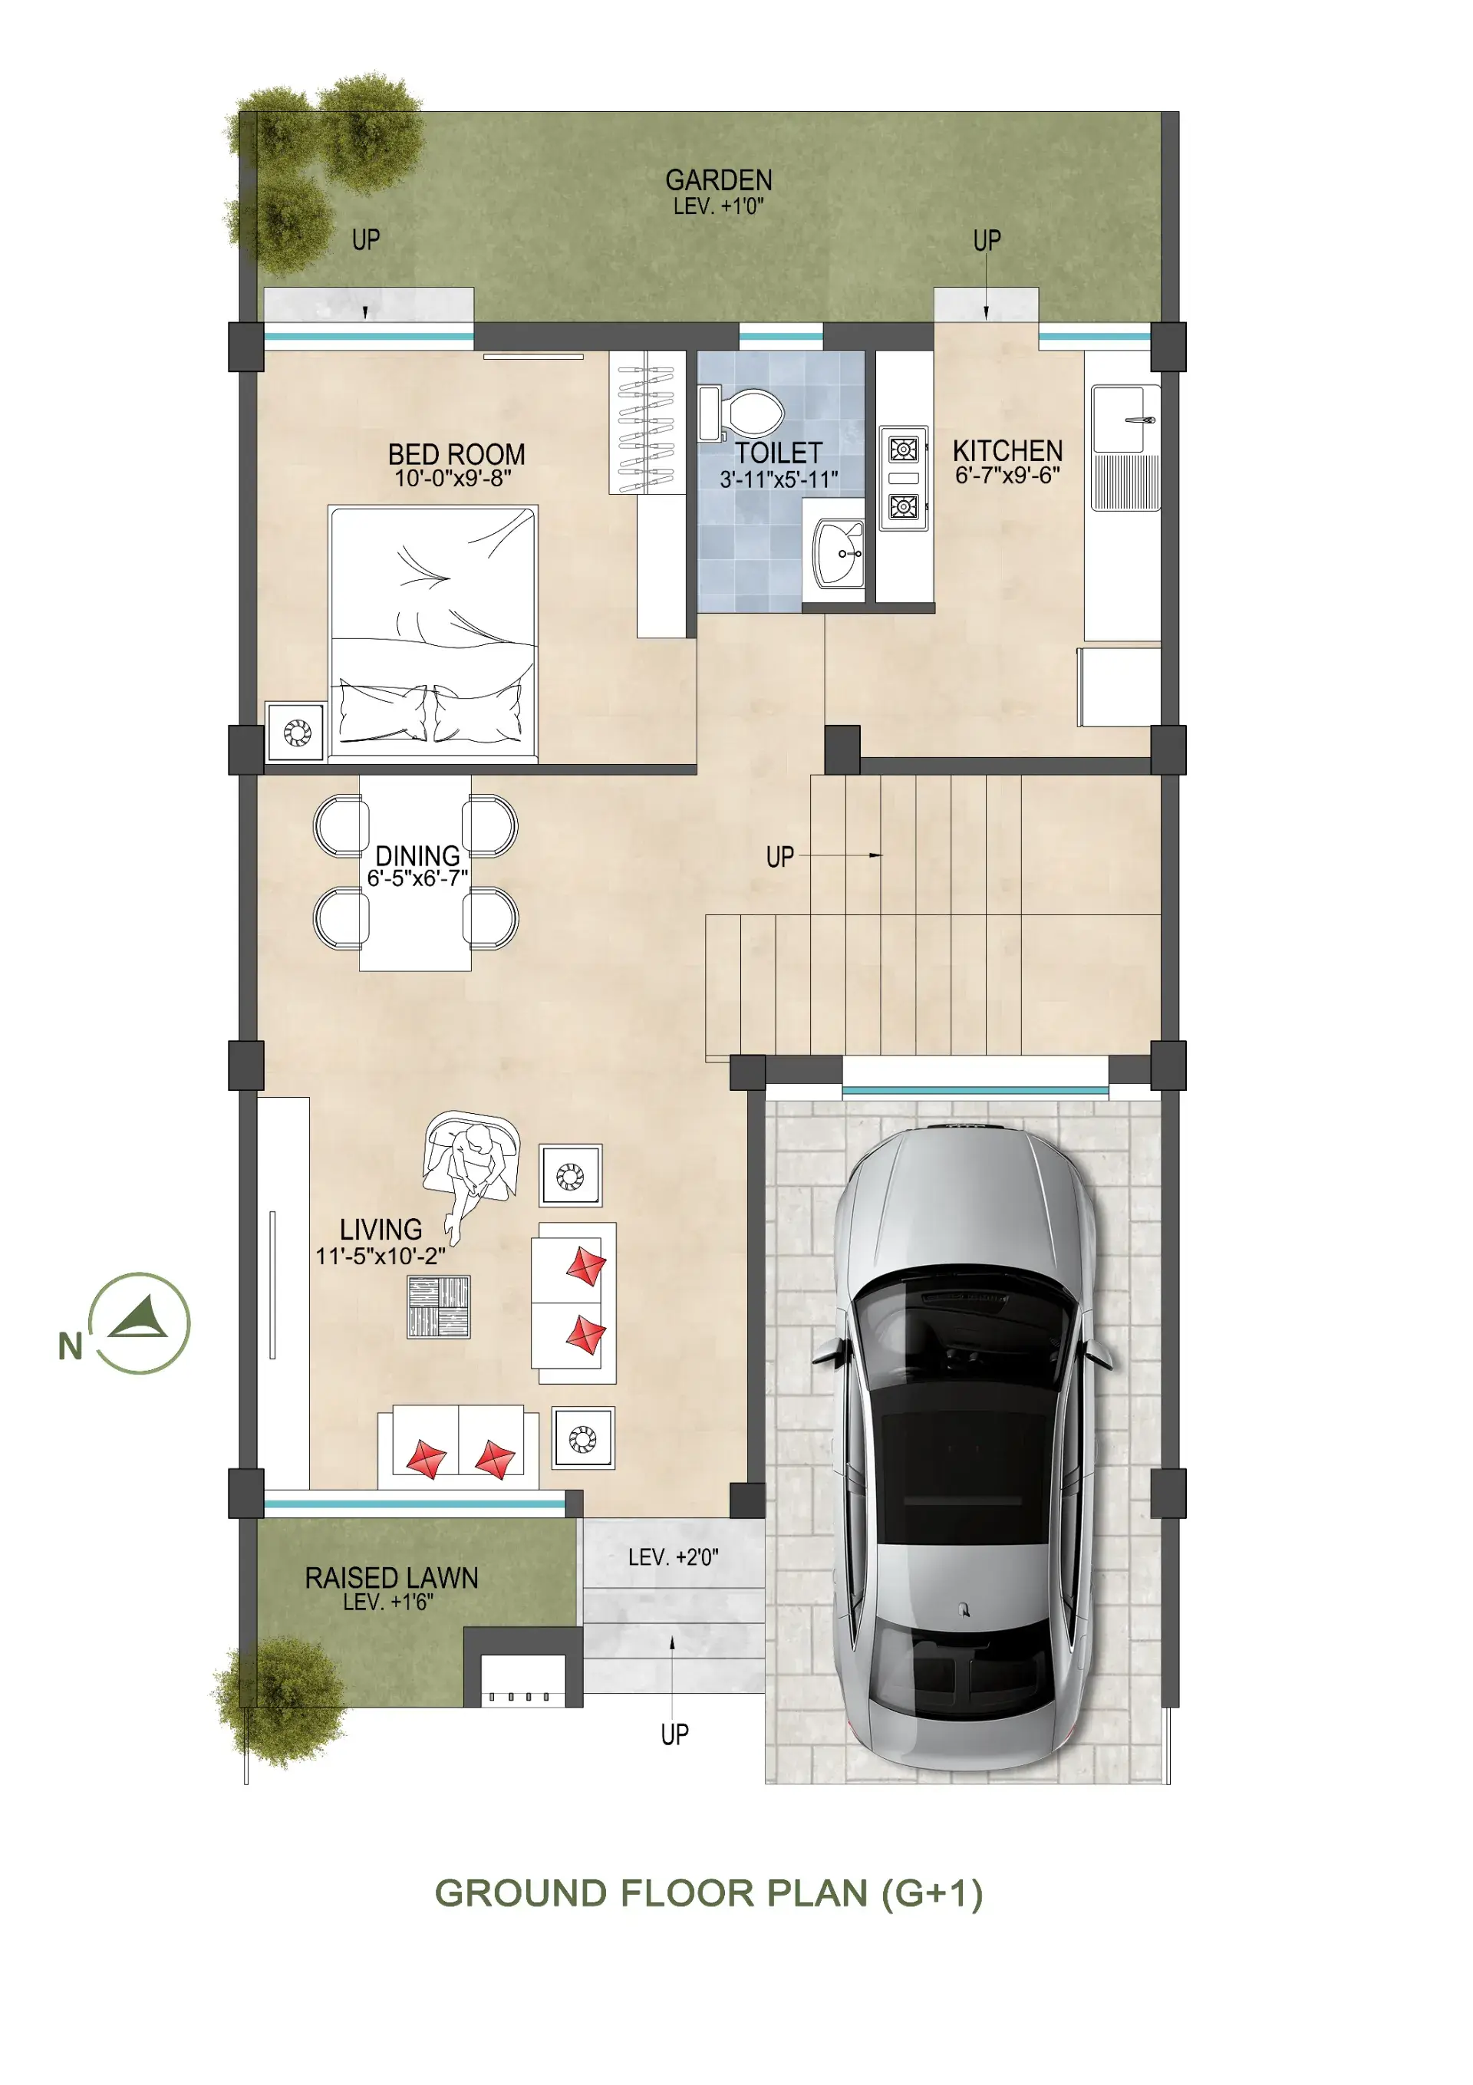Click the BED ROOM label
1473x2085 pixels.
click(x=456, y=453)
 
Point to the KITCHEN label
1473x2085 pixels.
click(x=1007, y=450)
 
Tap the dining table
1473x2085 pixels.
click(x=415, y=873)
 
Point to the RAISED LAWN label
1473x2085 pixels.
click(x=391, y=1577)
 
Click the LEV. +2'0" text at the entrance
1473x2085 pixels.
click(x=673, y=1557)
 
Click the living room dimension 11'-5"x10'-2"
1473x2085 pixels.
click(x=380, y=1256)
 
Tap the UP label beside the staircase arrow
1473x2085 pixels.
click(x=780, y=856)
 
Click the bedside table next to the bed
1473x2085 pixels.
click(x=296, y=731)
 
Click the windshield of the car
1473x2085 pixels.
click(x=963, y=1309)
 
